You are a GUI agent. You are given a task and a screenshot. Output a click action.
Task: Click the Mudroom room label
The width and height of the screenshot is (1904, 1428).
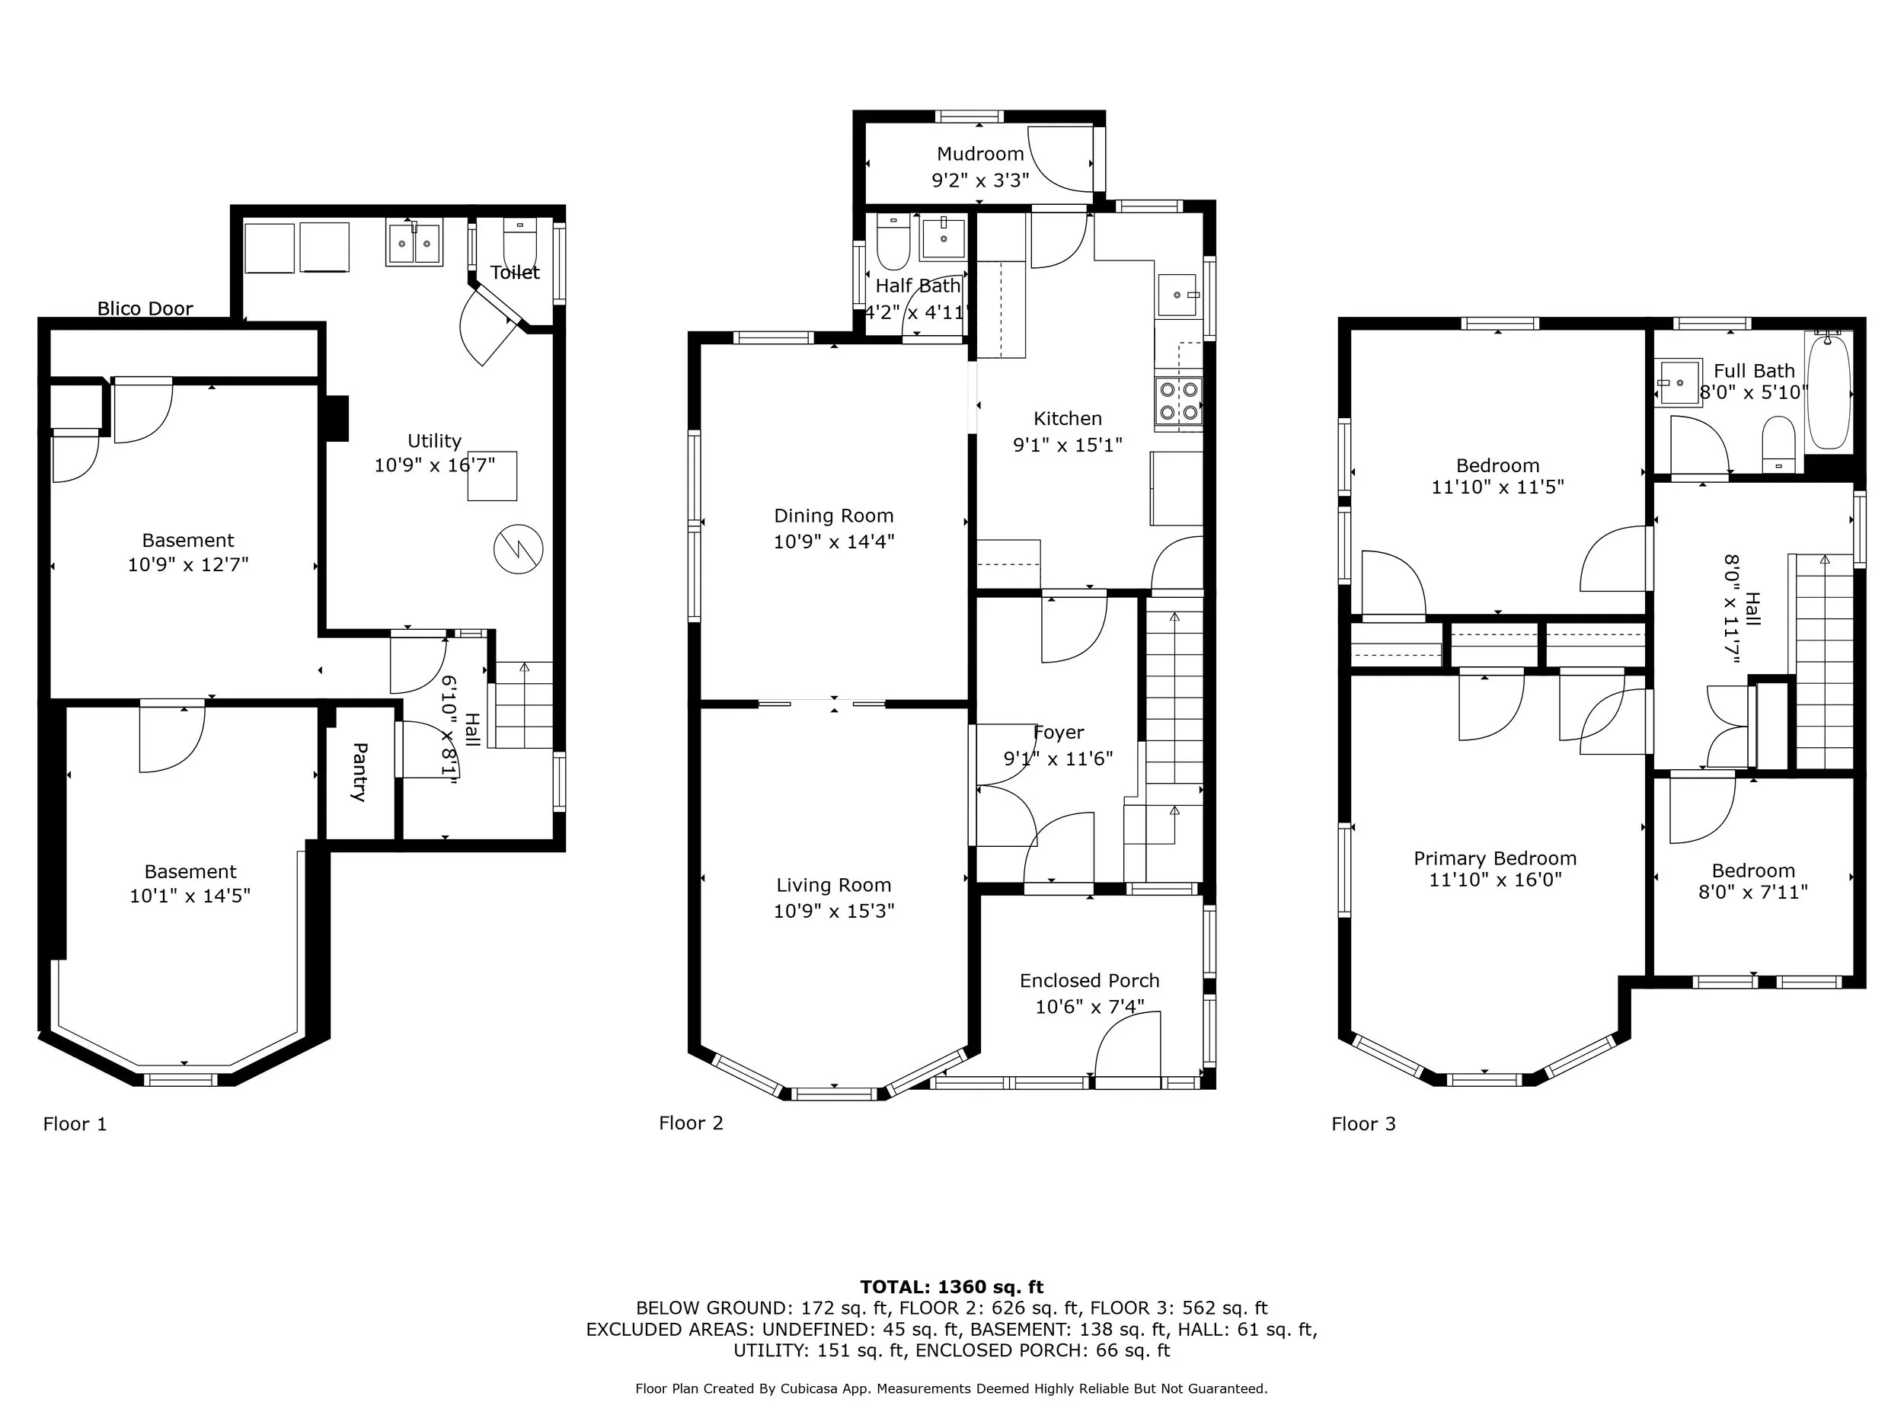(x=979, y=154)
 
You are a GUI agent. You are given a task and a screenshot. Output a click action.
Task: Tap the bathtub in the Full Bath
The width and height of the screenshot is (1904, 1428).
(x=1829, y=395)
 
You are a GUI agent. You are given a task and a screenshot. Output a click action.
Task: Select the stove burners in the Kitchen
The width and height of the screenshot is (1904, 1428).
(x=1178, y=401)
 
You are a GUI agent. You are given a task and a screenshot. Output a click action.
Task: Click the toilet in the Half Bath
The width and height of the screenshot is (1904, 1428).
(x=892, y=244)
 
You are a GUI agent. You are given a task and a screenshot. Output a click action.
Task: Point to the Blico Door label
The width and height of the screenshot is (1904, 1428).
(x=145, y=308)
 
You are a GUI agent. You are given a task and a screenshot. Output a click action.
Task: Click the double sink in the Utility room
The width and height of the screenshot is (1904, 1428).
(x=414, y=244)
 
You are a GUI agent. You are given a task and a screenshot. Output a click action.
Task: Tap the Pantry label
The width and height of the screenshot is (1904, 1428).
(x=359, y=772)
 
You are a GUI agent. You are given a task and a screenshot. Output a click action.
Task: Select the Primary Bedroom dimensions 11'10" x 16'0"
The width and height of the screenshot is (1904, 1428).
(x=1495, y=880)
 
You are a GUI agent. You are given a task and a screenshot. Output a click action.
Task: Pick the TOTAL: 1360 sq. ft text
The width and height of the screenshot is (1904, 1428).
(x=951, y=1287)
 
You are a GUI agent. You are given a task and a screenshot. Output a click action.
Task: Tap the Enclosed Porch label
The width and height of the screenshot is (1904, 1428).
(x=1089, y=980)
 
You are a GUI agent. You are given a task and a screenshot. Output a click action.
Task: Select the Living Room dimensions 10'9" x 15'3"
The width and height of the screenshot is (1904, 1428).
(x=833, y=911)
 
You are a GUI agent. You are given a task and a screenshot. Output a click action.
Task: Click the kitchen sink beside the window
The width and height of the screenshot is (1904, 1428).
(x=1177, y=296)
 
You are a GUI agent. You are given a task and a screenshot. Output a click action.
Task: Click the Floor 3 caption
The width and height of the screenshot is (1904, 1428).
(x=1363, y=1123)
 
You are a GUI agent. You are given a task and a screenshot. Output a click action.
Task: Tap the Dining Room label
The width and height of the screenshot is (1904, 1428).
(x=833, y=516)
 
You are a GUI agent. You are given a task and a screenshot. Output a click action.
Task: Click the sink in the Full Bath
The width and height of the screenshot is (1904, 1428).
(x=1677, y=383)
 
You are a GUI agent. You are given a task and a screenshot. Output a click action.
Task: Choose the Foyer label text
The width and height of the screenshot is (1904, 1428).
(x=1058, y=733)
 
